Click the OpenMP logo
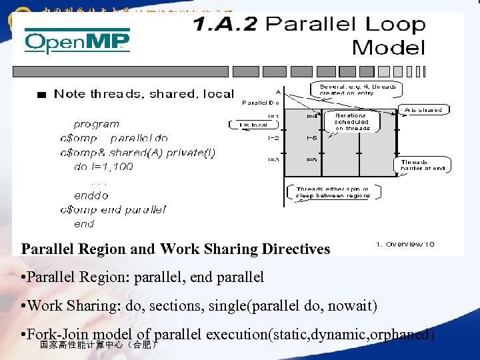77,43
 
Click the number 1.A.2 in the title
226,25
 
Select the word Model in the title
388,48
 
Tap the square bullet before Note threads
42,95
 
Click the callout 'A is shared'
423,110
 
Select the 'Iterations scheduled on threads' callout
351,121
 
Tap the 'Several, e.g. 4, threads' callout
357,89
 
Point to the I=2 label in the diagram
273,139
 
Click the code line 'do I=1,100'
103,167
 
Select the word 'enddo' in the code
91,195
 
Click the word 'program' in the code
97,124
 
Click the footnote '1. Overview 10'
405,244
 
